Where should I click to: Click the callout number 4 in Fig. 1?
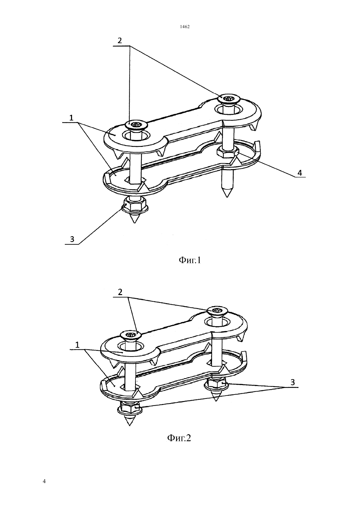(299, 173)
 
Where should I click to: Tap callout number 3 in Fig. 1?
(72, 239)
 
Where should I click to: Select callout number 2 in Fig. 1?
(119, 41)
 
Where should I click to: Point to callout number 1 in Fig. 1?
(71, 117)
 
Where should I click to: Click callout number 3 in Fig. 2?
(293, 382)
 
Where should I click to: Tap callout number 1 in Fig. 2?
(77, 345)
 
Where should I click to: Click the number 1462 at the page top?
(185, 27)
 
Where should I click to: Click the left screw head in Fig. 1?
(136, 125)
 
